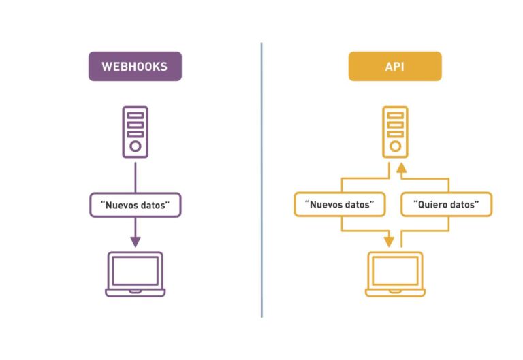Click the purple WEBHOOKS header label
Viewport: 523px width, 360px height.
coord(135,67)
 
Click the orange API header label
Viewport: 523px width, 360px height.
coord(395,67)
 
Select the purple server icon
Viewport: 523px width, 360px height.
coord(135,132)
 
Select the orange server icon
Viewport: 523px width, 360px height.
coord(395,132)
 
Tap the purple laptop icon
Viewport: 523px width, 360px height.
coord(135,274)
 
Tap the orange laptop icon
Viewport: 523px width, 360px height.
coord(395,274)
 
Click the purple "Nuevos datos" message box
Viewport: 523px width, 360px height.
coord(135,205)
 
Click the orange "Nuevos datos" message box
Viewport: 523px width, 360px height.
coord(339,205)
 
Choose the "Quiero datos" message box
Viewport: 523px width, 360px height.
coord(446,205)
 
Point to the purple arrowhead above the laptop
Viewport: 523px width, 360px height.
coord(135,241)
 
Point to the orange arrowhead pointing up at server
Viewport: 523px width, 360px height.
coord(402,167)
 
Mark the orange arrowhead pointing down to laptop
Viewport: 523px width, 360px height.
coord(389,242)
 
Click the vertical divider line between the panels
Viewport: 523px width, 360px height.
coord(261,180)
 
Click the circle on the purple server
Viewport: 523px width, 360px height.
coord(135,146)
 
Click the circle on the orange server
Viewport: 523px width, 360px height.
coord(395,146)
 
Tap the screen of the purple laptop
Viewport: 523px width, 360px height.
coord(135,271)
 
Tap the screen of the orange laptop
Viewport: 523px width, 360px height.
coord(395,271)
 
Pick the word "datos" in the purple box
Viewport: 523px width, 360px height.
coord(159,205)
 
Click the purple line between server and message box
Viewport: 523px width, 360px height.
coord(135,176)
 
